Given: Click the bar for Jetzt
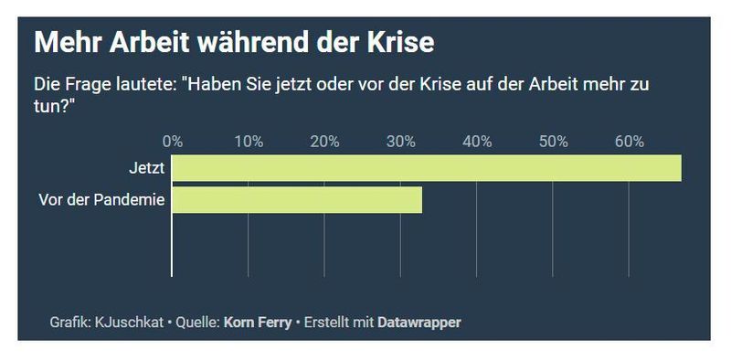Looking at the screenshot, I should click(427, 168).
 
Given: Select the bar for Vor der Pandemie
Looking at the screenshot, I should click(297, 200).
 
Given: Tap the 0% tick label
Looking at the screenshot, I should click(172, 142).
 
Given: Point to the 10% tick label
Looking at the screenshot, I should click(249, 142).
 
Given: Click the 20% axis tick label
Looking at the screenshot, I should click(324, 142).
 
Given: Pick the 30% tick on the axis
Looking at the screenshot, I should click(400, 142).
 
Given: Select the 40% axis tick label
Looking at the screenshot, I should click(477, 142).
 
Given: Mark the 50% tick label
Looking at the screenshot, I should click(553, 142).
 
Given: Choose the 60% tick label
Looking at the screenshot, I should click(629, 142).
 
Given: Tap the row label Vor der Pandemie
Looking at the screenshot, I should click(101, 200).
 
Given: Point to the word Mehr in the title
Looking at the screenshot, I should click(62, 42).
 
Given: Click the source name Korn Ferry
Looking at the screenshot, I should click(257, 323).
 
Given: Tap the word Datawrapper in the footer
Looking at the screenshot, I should click(419, 323).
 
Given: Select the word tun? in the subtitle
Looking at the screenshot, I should click(53, 106).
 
